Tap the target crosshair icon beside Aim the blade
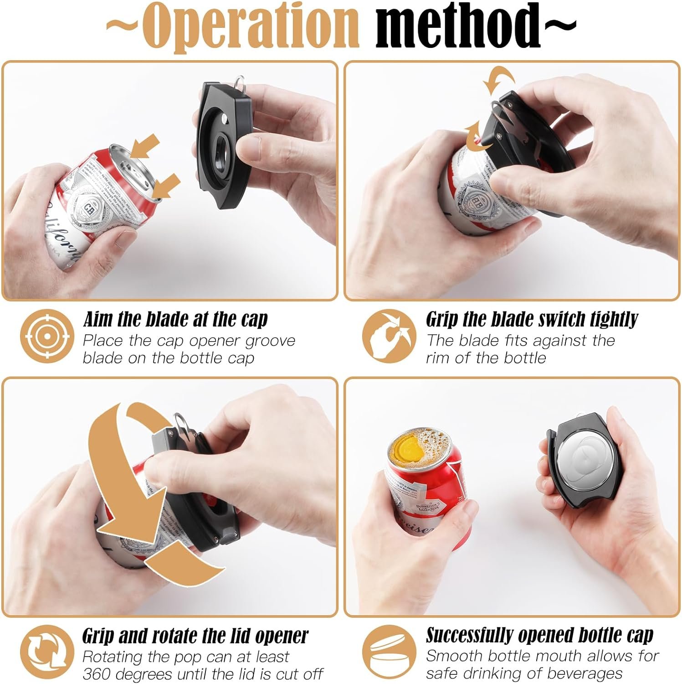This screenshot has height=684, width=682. [47, 336]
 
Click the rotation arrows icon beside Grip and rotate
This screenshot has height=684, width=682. [47, 652]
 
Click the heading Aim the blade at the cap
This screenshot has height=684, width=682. [175, 320]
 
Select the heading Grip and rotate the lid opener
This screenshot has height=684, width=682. [195, 636]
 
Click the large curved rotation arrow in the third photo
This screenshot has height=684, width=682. [137, 479]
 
